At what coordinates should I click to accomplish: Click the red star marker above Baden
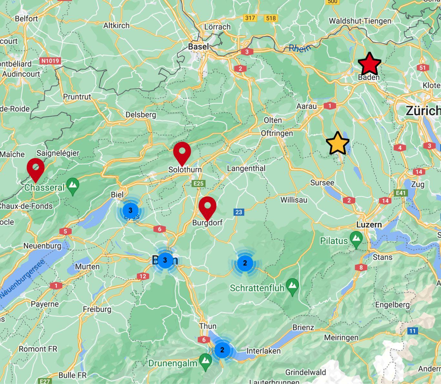(369, 64)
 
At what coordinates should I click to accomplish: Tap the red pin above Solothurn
(182, 153)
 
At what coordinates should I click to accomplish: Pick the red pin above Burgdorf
(207, 207)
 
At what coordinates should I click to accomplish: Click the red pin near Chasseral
(36, 169)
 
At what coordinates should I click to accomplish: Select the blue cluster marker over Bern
(165, 260)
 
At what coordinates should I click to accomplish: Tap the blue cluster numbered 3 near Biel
(130, 210)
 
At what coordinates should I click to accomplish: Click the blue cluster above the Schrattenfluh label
(245, 263)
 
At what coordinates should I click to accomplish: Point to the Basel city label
(198, 47)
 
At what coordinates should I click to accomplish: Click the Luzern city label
(369, 225)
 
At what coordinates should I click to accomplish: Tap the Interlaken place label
(263, 351)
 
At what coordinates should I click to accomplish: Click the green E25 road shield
(198, 184)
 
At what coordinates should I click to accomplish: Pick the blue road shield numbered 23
(239, 212)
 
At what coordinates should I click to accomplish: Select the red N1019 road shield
(50, 61)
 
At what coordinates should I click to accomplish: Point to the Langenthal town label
(246, 168)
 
